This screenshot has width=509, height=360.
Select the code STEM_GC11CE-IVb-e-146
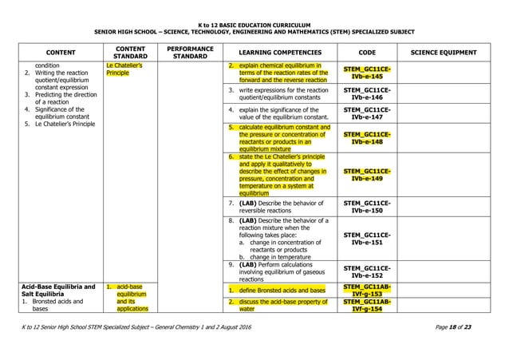[367, 94]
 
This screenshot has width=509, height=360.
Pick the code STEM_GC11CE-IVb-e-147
[367, 113]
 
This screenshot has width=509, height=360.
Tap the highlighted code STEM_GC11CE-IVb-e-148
[367, 137]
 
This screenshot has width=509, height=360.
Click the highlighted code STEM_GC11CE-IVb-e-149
[367, 175]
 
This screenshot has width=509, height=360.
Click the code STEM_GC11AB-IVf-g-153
[367, 290]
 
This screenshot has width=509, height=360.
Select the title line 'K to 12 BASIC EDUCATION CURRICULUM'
[254, 25]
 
